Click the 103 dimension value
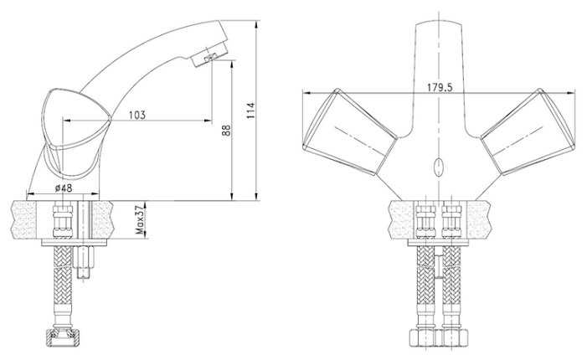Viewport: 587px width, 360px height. click(x=137, y=115)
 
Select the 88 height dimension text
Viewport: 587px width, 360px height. click(x=226, y=131)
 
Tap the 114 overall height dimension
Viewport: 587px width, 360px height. click(x=250, y=111)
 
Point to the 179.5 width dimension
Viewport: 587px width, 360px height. click(x=440, y=88)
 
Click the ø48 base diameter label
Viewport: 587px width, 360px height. click(x=64, y=188)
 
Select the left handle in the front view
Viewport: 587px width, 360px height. click(x=349, y=131)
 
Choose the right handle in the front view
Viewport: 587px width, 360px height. click(x=528, y=131)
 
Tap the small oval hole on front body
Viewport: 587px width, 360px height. click(x=439, y=167)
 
